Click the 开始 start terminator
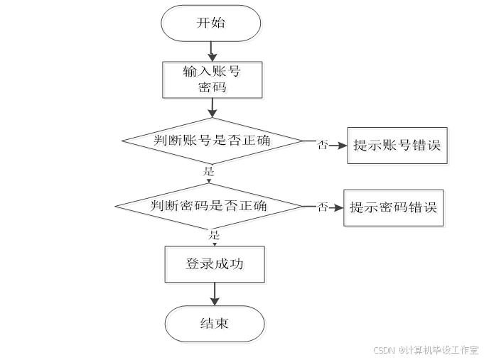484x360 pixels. coord(213,24)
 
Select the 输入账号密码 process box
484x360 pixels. coord(214,80)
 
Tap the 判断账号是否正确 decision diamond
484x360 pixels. coord(213,142)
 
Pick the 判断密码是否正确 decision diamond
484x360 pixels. coord(211,207)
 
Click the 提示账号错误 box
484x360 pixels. coord(399,146)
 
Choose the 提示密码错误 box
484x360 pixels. coord(395,208)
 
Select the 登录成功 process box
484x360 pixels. coord(216,265)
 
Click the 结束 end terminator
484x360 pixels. coord(216,325)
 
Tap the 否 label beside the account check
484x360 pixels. coord(323,145)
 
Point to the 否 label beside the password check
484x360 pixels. coord(323,207)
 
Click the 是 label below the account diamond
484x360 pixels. coord(209,171)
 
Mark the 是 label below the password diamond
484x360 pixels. coord(214,234)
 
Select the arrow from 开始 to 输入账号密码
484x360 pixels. coord(212,52)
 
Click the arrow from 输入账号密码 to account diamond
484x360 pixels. coord(212,109)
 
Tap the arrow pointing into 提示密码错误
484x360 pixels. coord(336,207)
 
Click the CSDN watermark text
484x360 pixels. coord(425,350)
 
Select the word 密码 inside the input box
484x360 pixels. coord(214,89)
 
